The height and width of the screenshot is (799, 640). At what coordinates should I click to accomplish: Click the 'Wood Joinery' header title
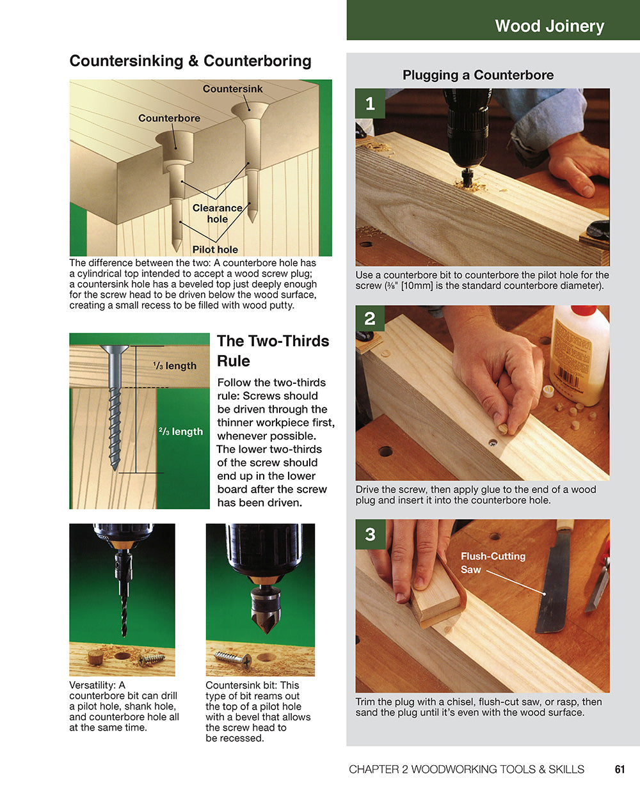click(x=549, y=26)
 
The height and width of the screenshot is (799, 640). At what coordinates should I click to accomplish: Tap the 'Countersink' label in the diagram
click(x=232, y=89)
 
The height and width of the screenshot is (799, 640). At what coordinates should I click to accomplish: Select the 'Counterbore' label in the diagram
click(x=169, y=118)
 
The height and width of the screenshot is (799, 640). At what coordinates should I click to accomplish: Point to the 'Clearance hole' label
click(x=218, y=213)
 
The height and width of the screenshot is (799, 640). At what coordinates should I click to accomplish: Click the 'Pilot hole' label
click(x=215, y=249)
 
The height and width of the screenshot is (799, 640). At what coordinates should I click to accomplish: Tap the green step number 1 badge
click(x=370, y=104)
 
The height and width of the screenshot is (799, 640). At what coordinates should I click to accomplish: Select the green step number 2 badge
click(x=370, y=319)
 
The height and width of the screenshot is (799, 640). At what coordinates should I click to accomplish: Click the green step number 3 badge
click(x=370, y=534)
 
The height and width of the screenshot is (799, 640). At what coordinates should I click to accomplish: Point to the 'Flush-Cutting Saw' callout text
click(x=492, y=562)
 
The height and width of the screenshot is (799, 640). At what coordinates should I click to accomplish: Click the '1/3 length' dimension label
click(x=175, y=366)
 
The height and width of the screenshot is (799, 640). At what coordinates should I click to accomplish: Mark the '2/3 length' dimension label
click(x=180, y=432)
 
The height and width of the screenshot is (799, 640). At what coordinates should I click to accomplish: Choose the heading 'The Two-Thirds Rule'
click(x=273, y=351)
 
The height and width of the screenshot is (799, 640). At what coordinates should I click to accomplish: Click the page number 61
click(x=620, y=770)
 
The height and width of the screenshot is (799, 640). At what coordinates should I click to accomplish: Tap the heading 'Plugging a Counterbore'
click(x=478, y=75)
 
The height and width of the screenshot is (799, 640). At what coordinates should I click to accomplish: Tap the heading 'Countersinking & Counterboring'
click(x=190, y=61)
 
